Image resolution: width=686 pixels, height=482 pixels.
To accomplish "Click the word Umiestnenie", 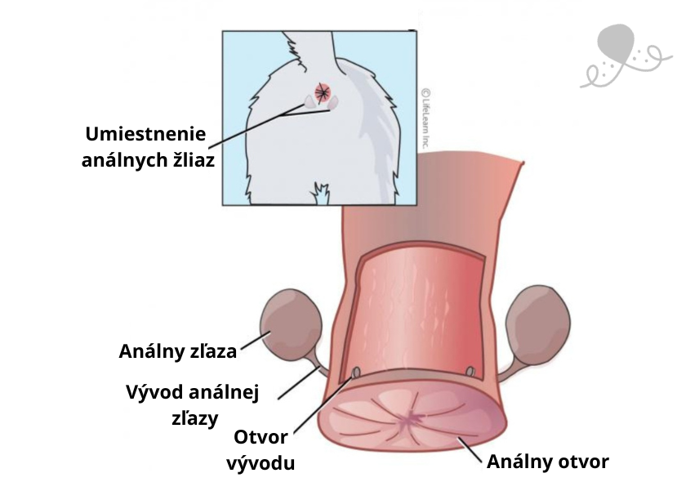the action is [145, 134].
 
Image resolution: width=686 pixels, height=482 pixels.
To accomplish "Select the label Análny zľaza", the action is [178, 351].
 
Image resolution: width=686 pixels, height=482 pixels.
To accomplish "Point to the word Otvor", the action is [261, 437].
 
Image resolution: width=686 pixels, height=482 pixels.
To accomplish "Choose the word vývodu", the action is [261, 463].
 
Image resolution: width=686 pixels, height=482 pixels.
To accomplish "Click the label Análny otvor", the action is [548, 462].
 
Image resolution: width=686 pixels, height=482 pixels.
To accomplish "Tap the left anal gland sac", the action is [291, 324].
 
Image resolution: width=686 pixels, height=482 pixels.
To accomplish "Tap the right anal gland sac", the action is [538, 322].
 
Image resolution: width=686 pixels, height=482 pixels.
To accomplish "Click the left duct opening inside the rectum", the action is [357, 373].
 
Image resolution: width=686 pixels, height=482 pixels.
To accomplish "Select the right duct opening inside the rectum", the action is [470, 372].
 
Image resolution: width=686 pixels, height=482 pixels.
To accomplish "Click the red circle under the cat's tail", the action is [323, 92].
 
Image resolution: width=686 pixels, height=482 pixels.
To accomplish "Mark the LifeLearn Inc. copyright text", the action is [425, 118].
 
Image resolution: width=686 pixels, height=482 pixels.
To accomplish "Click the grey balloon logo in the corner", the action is [625, 55].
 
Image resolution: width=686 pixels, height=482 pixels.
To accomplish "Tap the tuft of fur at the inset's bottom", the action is [321, 194].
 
